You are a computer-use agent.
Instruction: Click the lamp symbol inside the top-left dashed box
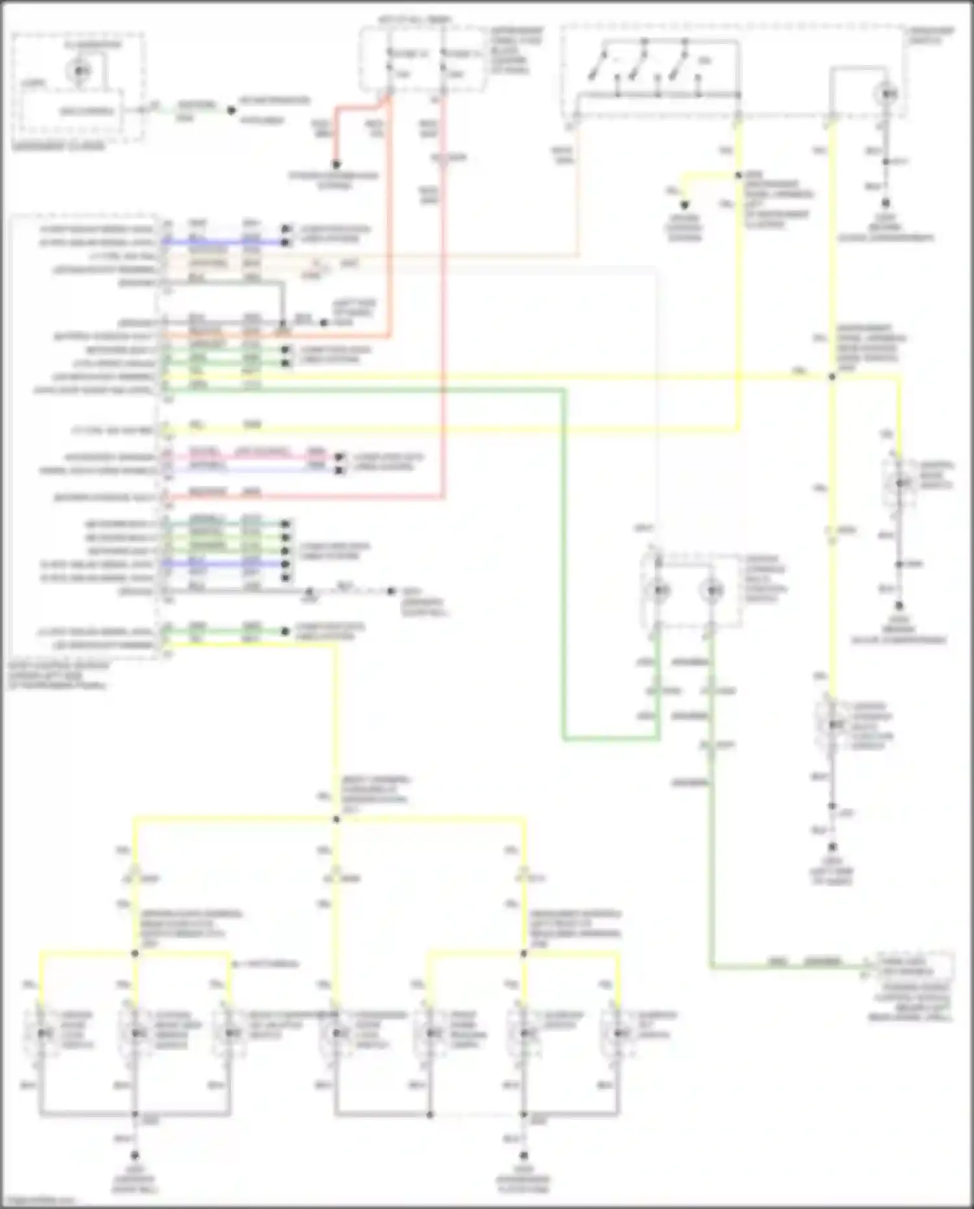coord(80,70)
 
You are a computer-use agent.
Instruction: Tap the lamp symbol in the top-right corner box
coord(887,95)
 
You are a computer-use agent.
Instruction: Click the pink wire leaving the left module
coord(260,457)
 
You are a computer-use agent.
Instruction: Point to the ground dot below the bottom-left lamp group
coord(135,1156)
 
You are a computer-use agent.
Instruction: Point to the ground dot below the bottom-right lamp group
coord(524,1156)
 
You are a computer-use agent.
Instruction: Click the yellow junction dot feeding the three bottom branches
coord(336,819)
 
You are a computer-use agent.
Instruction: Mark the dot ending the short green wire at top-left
coord(231,110)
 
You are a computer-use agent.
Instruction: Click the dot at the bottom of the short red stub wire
coord(336,164)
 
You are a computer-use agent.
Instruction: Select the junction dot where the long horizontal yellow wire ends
coord(832,377)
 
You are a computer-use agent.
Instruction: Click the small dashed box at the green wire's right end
coord(916,966)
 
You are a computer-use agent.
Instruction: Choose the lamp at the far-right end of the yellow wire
coord(900,483)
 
